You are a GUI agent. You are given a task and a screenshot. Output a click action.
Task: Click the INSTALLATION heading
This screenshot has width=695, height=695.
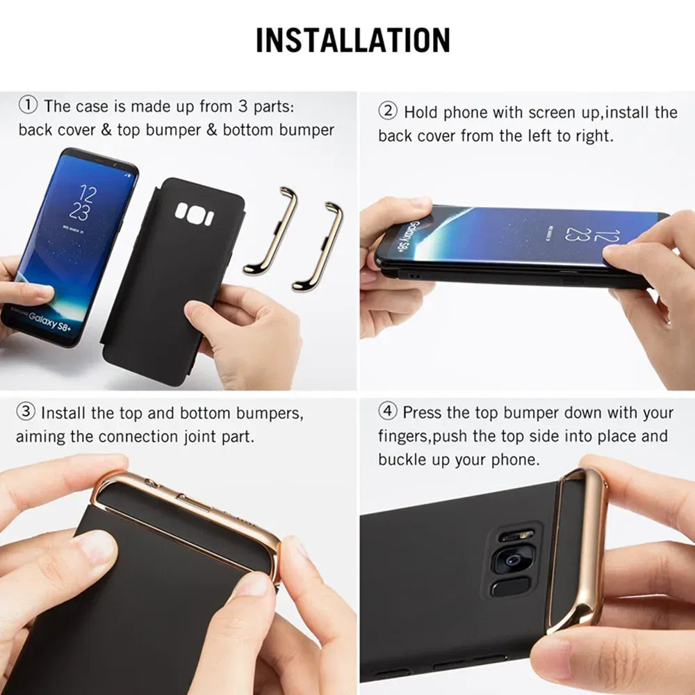[352, 40]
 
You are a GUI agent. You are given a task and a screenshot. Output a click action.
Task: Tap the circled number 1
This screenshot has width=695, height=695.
[27, 106]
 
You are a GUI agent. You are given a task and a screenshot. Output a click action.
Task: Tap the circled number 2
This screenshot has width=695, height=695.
[387, 111]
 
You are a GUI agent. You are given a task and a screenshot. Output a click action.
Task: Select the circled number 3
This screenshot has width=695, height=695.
[25, 412]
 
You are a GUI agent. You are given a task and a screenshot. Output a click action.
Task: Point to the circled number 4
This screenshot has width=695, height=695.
[387, 412]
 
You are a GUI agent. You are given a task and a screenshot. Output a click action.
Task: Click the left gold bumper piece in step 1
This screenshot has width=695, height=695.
[272, 229]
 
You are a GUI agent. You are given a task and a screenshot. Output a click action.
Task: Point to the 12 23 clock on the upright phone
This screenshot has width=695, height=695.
[83, 202]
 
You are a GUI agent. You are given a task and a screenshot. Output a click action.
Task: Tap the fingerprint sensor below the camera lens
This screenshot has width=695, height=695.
[506, 588]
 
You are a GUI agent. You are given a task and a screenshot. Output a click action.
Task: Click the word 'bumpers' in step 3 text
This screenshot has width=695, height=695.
[269, 413]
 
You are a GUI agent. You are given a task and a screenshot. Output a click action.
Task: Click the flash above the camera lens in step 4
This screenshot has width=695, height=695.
[516, 536]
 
